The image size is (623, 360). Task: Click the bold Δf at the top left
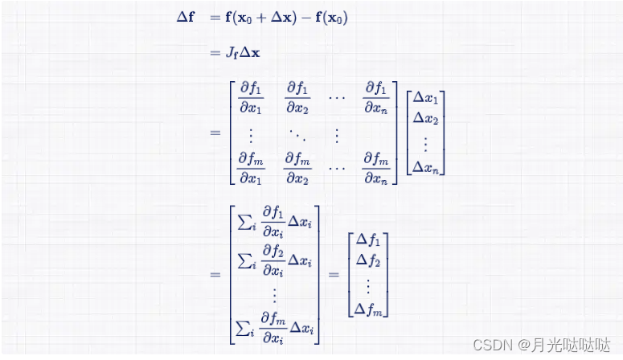[185, 17]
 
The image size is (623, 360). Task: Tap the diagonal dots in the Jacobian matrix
[297, 132]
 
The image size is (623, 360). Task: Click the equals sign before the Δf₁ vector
[333, 274]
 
